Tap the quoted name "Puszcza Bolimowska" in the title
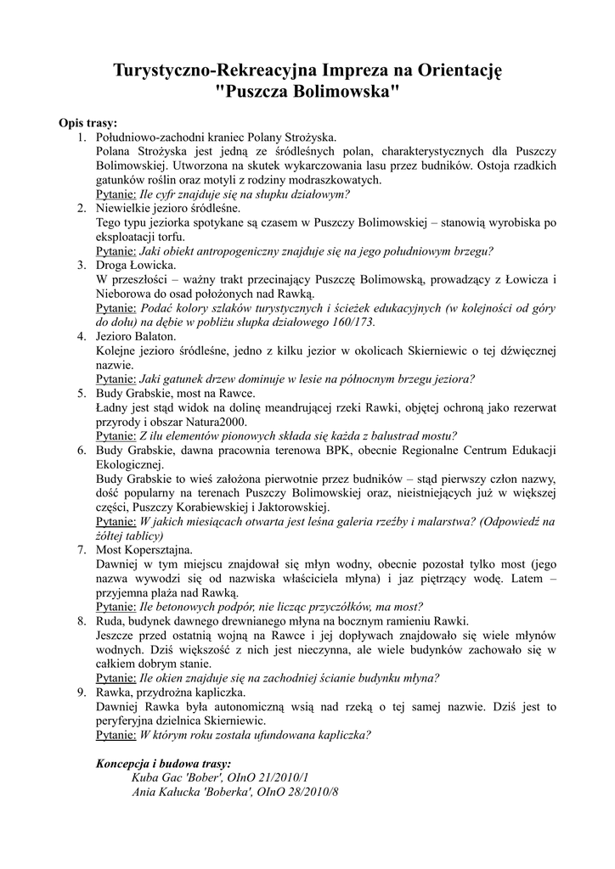point(307,92)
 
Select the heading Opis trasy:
point(88,123)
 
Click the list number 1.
point(82,137)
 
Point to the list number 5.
point(82,394)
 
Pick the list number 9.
point(82,692)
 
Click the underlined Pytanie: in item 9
point(116,734)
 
